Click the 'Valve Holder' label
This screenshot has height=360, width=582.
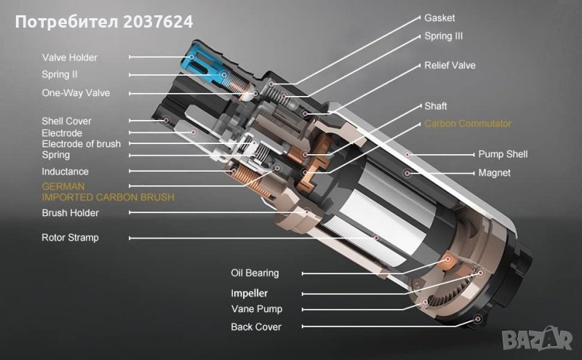69,57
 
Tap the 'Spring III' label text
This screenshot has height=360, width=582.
444,36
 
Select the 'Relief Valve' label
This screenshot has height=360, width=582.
450,65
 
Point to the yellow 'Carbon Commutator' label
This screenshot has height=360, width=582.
468,124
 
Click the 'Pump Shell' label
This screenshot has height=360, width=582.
503,154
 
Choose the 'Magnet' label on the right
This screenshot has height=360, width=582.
495,172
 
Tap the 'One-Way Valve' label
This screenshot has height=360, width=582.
76,93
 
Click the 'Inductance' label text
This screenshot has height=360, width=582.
65,172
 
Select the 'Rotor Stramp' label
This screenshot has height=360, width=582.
70,238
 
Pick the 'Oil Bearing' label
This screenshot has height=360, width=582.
255,273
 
